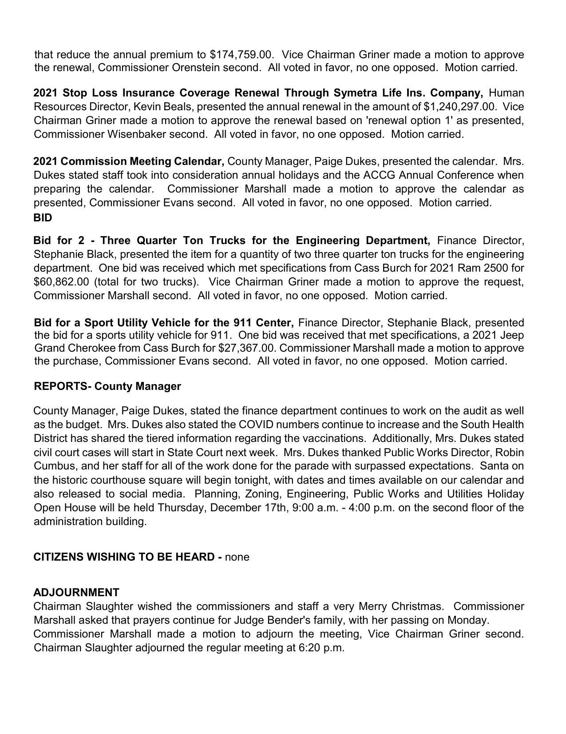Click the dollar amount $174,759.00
(240, 55)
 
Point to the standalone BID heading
(43, 218)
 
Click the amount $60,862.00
(61, 282)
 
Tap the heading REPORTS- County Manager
(107, 386)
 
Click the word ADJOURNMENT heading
(76, 593)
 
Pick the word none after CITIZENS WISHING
(237, 557)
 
